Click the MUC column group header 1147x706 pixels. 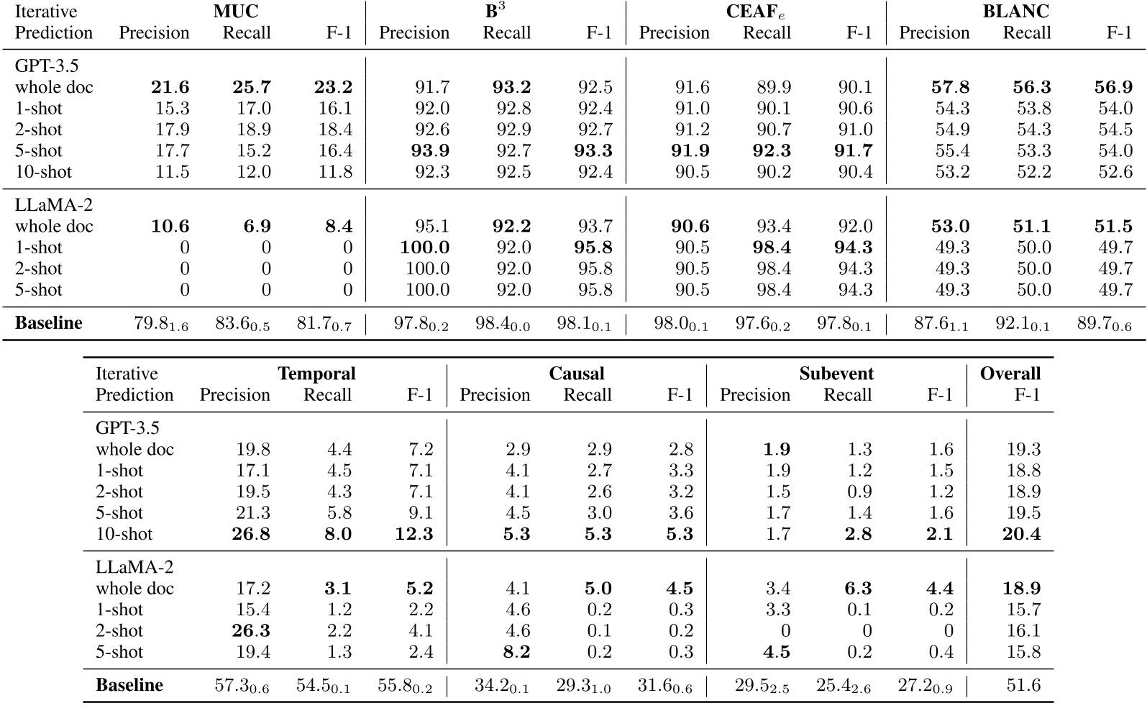coord(235,12)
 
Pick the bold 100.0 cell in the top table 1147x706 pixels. coord(425,248)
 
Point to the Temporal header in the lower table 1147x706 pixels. coord(316,374)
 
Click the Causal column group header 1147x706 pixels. coord(576,374)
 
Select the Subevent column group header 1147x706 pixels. coord(836,374)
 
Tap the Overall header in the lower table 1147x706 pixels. coord(1010,374)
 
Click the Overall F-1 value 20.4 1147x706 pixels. coord(1022,534)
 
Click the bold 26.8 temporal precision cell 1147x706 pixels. coord(251,534)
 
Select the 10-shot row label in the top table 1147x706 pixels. coord(43,172)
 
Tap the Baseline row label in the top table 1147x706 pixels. coord(49,323)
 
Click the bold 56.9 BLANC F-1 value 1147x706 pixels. coord(1112,87)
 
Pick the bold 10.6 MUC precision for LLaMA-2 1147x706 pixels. coord(170,226)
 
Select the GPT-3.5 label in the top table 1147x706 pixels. coord(47,66)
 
